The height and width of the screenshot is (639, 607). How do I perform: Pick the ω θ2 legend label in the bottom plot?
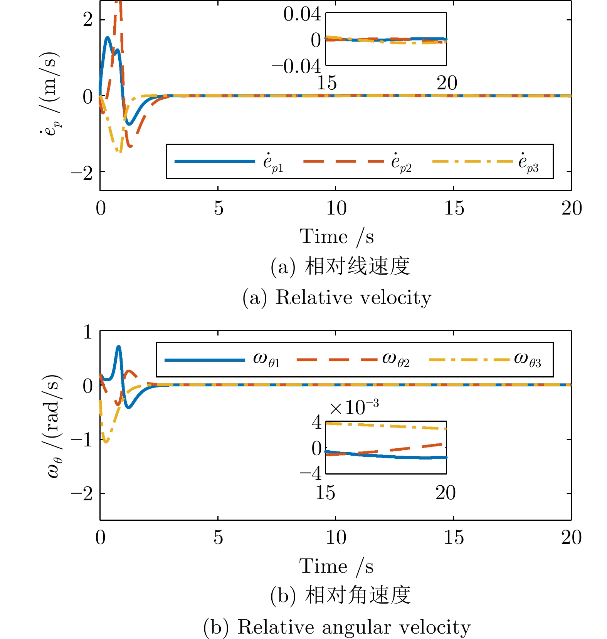[x=395, y=360]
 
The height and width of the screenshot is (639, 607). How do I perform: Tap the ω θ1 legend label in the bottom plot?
[x=266, y=360]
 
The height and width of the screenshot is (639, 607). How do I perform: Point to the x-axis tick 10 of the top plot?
[x=336, y=208]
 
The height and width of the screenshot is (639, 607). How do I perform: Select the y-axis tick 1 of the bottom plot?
[x=88, y=332]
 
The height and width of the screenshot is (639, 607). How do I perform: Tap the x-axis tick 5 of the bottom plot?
[x=218, y=538]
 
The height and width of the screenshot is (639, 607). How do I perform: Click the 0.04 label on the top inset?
[x=302, y=15]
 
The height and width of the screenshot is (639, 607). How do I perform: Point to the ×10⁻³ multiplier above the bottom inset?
[x=354, y=408]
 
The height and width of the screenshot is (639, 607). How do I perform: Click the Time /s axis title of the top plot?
[x=336, y=236]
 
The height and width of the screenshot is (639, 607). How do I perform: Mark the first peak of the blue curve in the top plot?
[x=107, y=37]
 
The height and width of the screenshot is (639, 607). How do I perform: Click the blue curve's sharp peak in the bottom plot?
[x=119, y=347]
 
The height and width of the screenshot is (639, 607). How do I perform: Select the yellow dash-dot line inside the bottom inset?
[x=385, y=425]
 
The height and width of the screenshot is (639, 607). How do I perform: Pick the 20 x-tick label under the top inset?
[x=447, y=83]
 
